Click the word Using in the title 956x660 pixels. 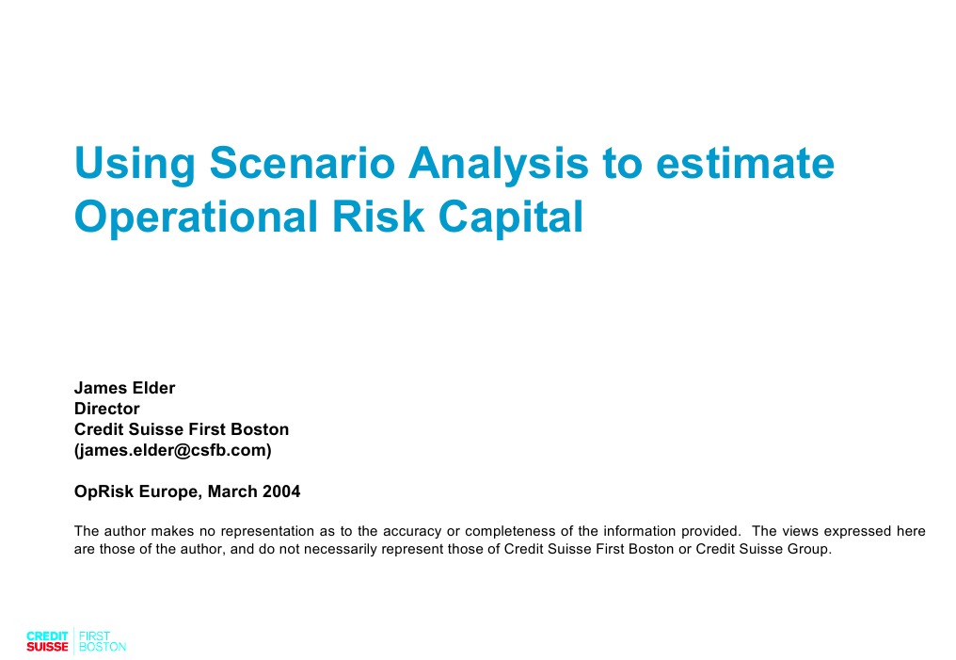[134, 164]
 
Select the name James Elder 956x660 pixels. [124, 388]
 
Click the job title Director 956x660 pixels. [106, 409]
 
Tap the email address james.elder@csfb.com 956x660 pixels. [173, 450]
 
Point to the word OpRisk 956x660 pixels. [103, 491]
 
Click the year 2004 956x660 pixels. [281, 491]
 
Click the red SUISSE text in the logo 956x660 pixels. [47, 648]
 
